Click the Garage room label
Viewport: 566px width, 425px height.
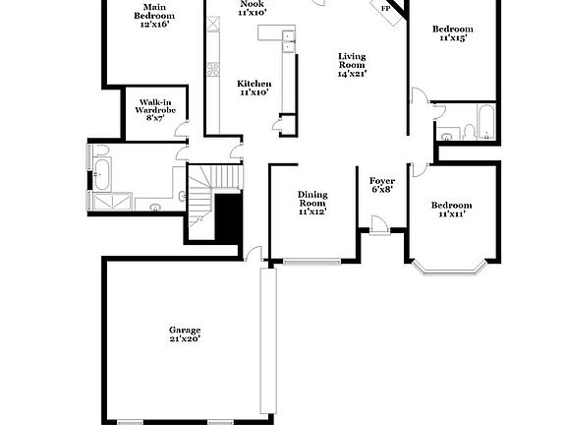[184, 334]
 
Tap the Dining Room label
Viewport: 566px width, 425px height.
[312, 203]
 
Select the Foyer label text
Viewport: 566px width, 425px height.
[381, 185]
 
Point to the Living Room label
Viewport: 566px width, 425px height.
[352, 65]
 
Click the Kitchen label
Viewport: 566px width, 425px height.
[255, 89]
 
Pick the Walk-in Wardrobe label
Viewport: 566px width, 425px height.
[155, 110]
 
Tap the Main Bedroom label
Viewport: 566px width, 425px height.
[155, 17]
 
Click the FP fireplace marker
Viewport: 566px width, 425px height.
[385, 8]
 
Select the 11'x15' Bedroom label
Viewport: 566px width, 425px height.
[451, 33]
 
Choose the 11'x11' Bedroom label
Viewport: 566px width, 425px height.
[451, 210]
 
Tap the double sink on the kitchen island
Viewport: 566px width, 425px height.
[288, 40]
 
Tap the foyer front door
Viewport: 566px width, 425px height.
[379, 231]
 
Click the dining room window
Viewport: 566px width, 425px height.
[311, 261]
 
